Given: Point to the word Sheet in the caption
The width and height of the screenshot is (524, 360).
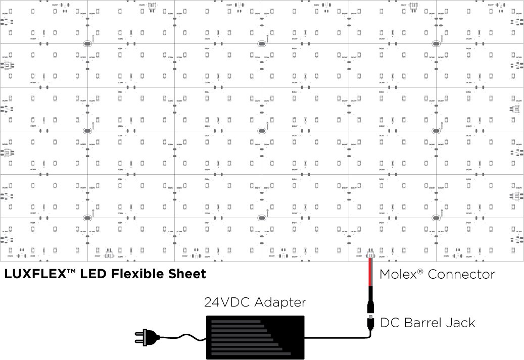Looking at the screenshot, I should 188,274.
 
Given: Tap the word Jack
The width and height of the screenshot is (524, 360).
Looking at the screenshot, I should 460,322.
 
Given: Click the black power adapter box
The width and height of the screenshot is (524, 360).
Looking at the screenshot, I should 255,337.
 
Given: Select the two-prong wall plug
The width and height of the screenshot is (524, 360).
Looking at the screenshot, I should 144,337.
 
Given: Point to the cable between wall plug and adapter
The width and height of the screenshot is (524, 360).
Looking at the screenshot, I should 182,335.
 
